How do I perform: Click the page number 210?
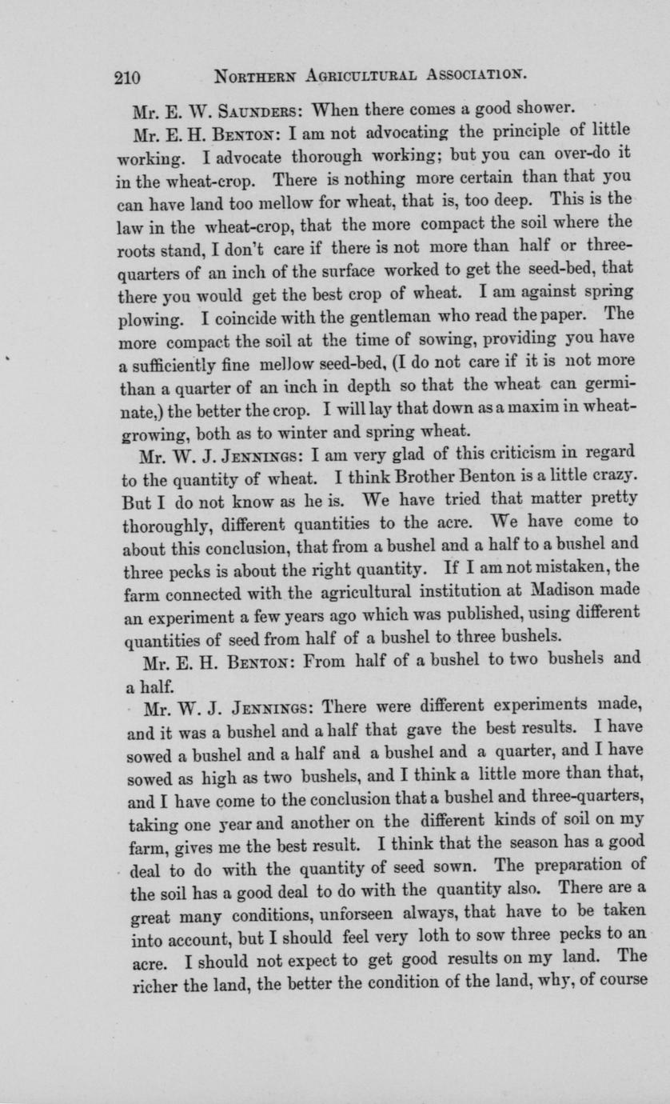128,78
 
